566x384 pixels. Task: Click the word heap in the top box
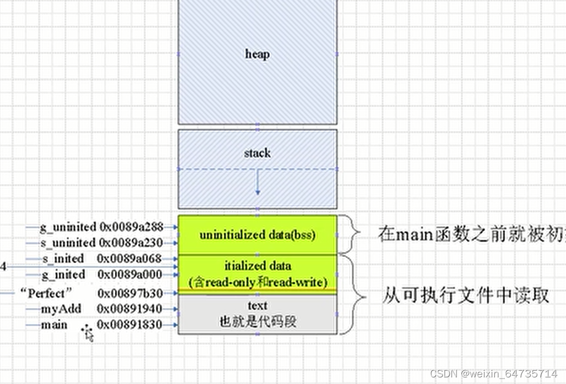pos(257,54)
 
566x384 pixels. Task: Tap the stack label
pos(257,152)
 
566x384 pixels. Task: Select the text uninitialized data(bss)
pos(257,235)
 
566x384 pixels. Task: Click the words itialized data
pos(257,266)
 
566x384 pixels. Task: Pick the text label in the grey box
pos(257,306)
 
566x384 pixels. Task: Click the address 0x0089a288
pos(131,227)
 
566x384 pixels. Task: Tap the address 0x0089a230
pos(131,242)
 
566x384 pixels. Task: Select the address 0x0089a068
pos(130,258)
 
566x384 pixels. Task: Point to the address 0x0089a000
pos(130,274)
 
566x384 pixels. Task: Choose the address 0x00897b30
pos(130,293)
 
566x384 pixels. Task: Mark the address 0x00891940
pos(130,309)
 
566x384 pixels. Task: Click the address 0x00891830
pos(130,325)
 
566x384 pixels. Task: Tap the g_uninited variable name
pos(67,227)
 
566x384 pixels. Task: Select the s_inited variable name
pos(63,258)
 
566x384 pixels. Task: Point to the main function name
pos(54,325)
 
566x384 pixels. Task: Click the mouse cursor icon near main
pos(88,332)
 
